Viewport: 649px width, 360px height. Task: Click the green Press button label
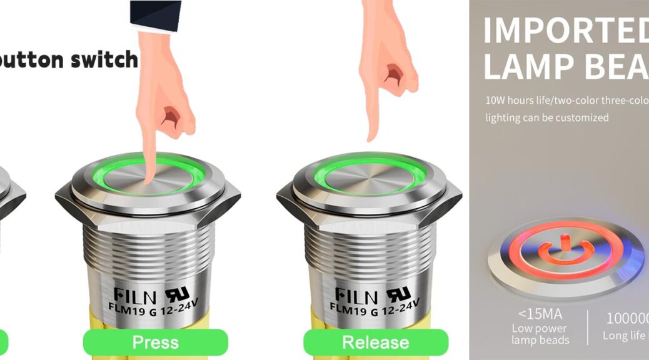[156, 342]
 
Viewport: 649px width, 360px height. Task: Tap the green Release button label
[376, 342]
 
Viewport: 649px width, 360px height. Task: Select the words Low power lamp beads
[540, 334]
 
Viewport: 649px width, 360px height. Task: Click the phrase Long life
[623, 336]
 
